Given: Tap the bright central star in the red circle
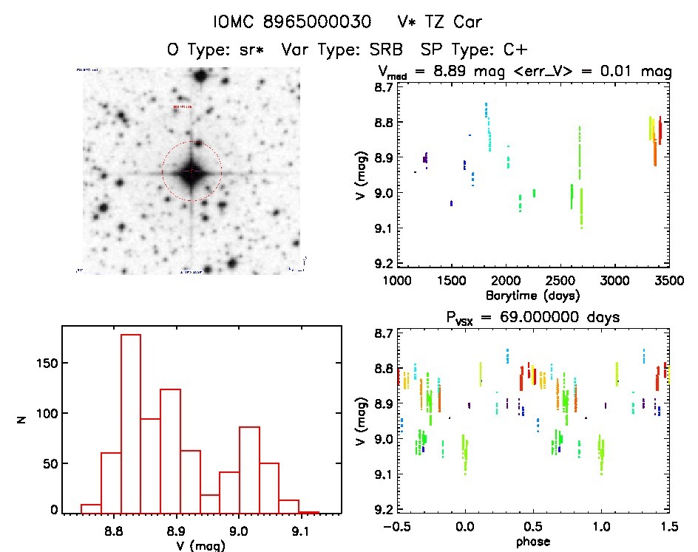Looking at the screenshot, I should point(192,171).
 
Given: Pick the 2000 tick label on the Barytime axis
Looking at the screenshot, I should point(506,281).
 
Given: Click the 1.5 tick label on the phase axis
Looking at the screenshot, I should point(668,527).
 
